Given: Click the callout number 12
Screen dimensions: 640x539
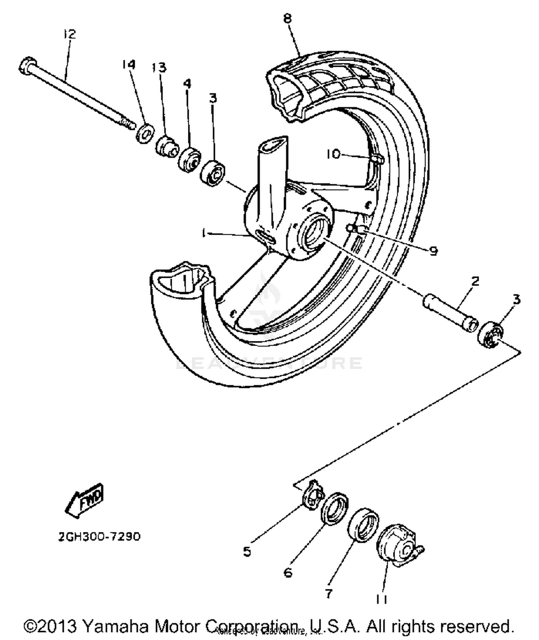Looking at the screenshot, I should click(x=69, y=34).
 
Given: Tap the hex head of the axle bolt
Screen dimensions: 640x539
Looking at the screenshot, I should click(x=27, y=66).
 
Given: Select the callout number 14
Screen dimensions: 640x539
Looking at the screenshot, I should click(x=128, y=64).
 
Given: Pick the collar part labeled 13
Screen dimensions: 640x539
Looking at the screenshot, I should click(x=166, y=146).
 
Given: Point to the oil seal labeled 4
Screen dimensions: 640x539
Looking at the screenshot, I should click(x=189, y=159).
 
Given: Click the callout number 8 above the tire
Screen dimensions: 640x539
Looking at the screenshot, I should click(x=287, y=18).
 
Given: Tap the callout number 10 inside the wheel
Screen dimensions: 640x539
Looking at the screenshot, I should click(x=333, y=154).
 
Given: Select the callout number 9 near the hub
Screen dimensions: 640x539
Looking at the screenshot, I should click(x=434, y=251).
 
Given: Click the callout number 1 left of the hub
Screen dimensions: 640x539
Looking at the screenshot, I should click(x=204, y=234).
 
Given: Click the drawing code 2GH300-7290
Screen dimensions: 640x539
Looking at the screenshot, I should click(x=99, y=537).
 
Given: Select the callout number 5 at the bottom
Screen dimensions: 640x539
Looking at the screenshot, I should click(x=247, y=551).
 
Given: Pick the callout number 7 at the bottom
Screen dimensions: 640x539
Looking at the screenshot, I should click(x=328, y=594).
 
